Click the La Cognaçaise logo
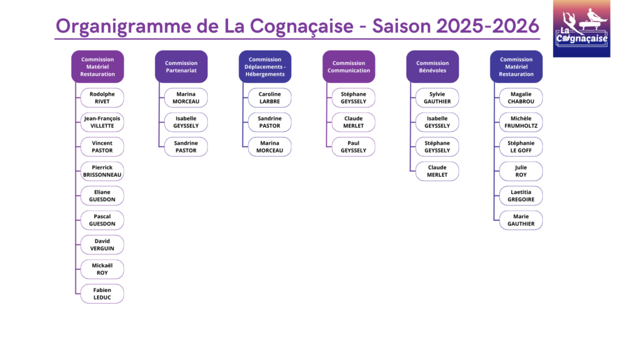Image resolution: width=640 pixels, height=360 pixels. point(582,29)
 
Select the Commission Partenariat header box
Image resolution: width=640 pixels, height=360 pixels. point(181,66)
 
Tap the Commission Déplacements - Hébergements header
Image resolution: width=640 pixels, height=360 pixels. point(265,66)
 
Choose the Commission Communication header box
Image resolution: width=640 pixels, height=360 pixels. point(349,66)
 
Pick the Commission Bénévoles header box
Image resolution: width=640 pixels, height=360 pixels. point(432,66)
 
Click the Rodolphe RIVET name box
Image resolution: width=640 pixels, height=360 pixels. point(102,97)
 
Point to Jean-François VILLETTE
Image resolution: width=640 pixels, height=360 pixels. point(102,122)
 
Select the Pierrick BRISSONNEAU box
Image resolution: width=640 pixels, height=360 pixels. point(102,171)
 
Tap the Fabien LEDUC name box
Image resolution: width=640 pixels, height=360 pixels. point(102,294)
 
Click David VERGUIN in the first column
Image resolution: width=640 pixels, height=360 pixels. point(102,244)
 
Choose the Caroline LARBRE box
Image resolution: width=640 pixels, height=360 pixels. point(270,97)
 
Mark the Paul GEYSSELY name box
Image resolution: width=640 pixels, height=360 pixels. point(354,146)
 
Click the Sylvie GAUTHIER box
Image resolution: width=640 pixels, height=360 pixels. point(437,97)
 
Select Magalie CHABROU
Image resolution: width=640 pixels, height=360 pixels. point(521,97)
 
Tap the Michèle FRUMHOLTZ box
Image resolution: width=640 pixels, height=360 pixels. point(521,122)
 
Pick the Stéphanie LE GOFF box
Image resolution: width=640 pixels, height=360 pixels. point(521,146)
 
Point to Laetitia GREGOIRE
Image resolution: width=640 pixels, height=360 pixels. point(521,196)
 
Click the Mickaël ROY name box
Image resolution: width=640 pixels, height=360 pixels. point(102,269)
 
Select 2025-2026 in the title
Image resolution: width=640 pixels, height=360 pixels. point(487,26)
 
